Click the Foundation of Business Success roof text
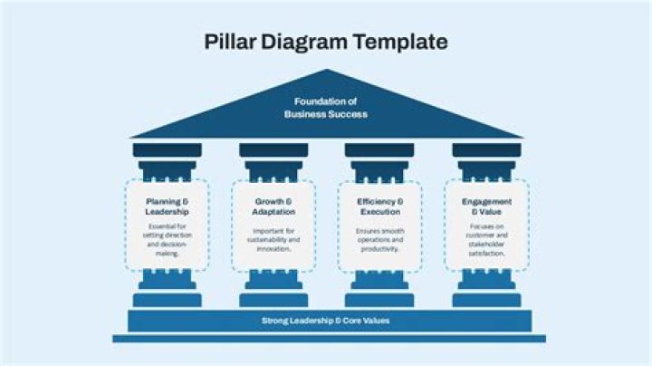(326, 108)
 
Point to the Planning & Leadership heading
(167, 207)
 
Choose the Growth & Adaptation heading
(273, 207)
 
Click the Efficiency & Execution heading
(379, 207)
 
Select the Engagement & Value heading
(486, 207)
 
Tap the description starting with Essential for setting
(167, 240)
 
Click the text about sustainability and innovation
(273, 240)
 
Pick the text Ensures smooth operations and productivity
(379, 240)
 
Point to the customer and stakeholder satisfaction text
(486, 240)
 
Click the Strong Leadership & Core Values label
(326, 321)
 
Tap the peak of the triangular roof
(327, 72)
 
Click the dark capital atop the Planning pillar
(167, 150)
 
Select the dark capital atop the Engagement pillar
(486, 150)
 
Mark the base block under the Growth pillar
(273, 299)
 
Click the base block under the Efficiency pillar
(379, 299)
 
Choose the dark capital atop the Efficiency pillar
(379, 150)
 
